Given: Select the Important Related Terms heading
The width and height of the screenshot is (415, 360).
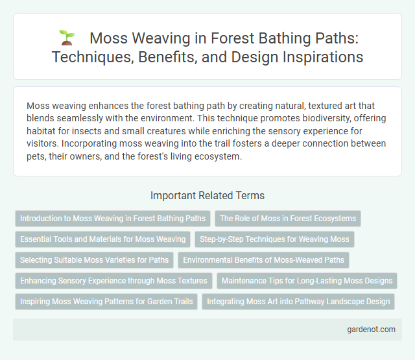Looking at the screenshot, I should (207, 195).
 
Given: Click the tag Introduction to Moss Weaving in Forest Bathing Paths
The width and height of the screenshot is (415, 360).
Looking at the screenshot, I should (113, 219).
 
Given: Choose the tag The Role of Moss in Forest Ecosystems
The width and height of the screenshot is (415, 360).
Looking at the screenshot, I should (287, 219).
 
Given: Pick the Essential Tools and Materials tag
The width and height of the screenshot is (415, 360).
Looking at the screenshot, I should (103, 239).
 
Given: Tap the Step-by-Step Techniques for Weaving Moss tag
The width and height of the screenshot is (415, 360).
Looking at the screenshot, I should (274, 239).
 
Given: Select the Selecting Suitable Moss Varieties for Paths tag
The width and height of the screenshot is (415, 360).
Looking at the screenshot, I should (94, 260).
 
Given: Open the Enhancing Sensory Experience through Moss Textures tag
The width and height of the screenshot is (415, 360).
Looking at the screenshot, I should (113, 281).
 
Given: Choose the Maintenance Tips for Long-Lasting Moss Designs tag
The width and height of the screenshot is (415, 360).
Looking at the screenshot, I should (306, 281).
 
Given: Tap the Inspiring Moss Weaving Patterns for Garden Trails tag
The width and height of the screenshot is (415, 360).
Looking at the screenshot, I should (106, 302).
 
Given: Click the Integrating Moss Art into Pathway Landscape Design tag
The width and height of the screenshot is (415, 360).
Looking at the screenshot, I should (298, 302).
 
